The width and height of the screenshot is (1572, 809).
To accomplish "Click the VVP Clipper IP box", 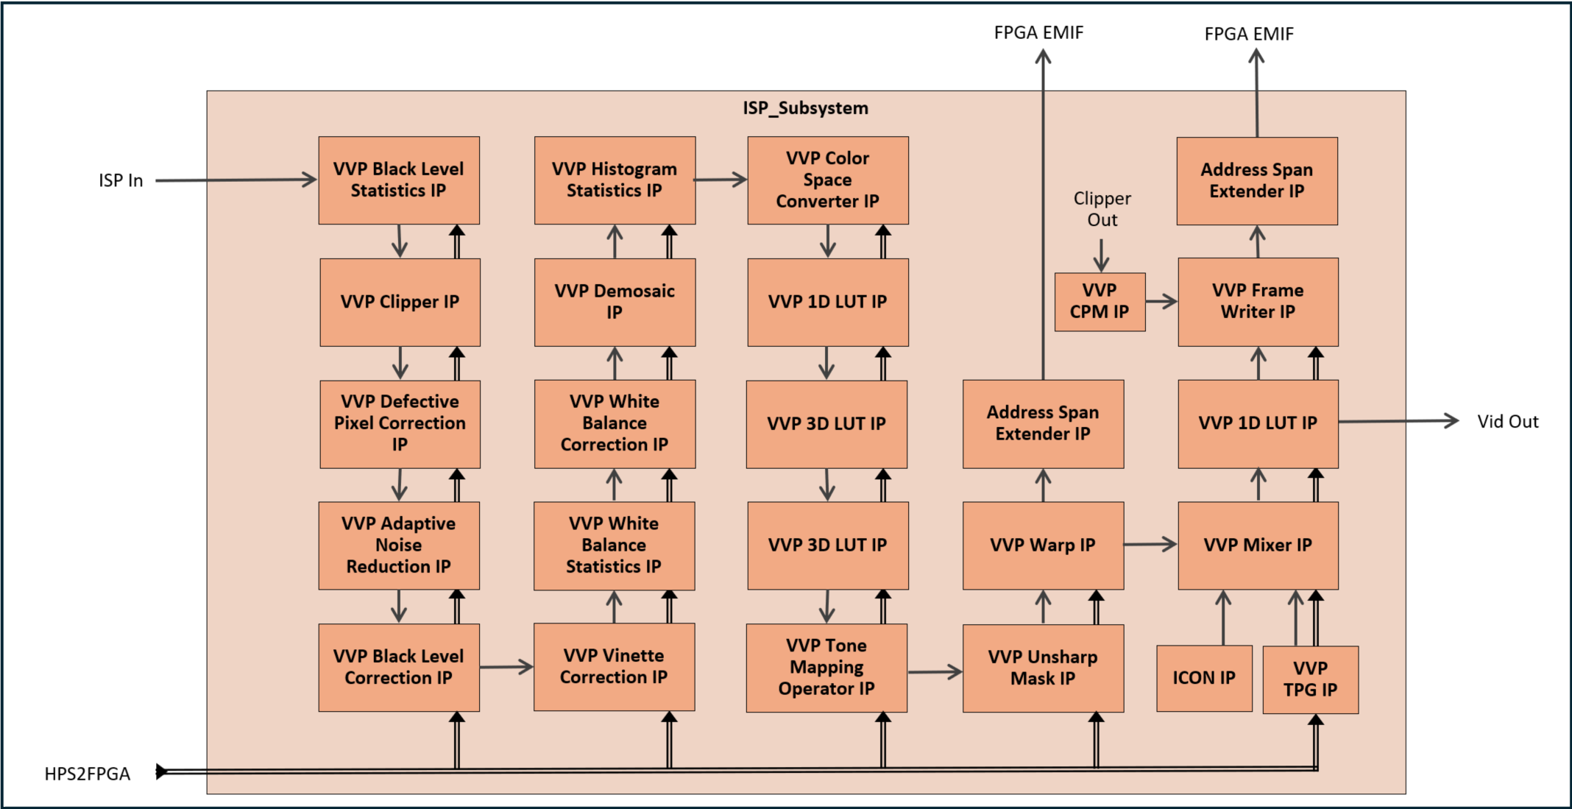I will (x=400, y=302).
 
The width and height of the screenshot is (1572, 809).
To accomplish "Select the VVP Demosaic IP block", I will (x=615, y=302).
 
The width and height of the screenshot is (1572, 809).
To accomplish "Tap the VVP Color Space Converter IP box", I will (x=828, y=180).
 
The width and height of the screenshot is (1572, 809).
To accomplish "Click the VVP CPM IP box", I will (x=1100, y=302).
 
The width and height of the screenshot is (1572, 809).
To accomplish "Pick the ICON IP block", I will (x=1204, y=678).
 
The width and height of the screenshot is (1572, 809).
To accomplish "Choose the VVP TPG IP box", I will (x=1310, y=679).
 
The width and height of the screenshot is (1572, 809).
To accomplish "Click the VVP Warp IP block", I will (x=1043, y=545).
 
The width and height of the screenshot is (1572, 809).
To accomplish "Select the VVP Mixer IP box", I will (x=1258, y=545).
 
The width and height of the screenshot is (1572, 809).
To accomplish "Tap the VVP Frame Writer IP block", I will (x=1258, y=302).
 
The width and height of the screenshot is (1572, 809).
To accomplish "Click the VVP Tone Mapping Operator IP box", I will (x=826, y=668).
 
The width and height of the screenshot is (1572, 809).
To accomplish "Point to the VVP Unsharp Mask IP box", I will (x=1043, y=668).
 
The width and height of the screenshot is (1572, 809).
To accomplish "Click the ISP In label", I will (x=121, y=180).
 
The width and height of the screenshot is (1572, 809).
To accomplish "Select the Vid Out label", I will (x=1507, y=422).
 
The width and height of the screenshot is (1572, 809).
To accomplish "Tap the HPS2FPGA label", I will (x=87, y=774).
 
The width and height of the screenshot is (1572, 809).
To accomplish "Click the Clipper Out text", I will (x=1102, y=209).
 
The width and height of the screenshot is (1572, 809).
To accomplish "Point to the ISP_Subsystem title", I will (x=805, y=108).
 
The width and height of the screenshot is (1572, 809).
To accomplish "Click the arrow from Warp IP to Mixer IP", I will (x=1150, y=545).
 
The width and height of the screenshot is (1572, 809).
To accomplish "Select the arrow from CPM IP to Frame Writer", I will (x=1161, y=301).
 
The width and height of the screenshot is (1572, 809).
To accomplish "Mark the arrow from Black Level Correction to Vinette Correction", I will (x=506, y=667).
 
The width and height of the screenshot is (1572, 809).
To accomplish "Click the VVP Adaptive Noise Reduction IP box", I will (x=399, y=545).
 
